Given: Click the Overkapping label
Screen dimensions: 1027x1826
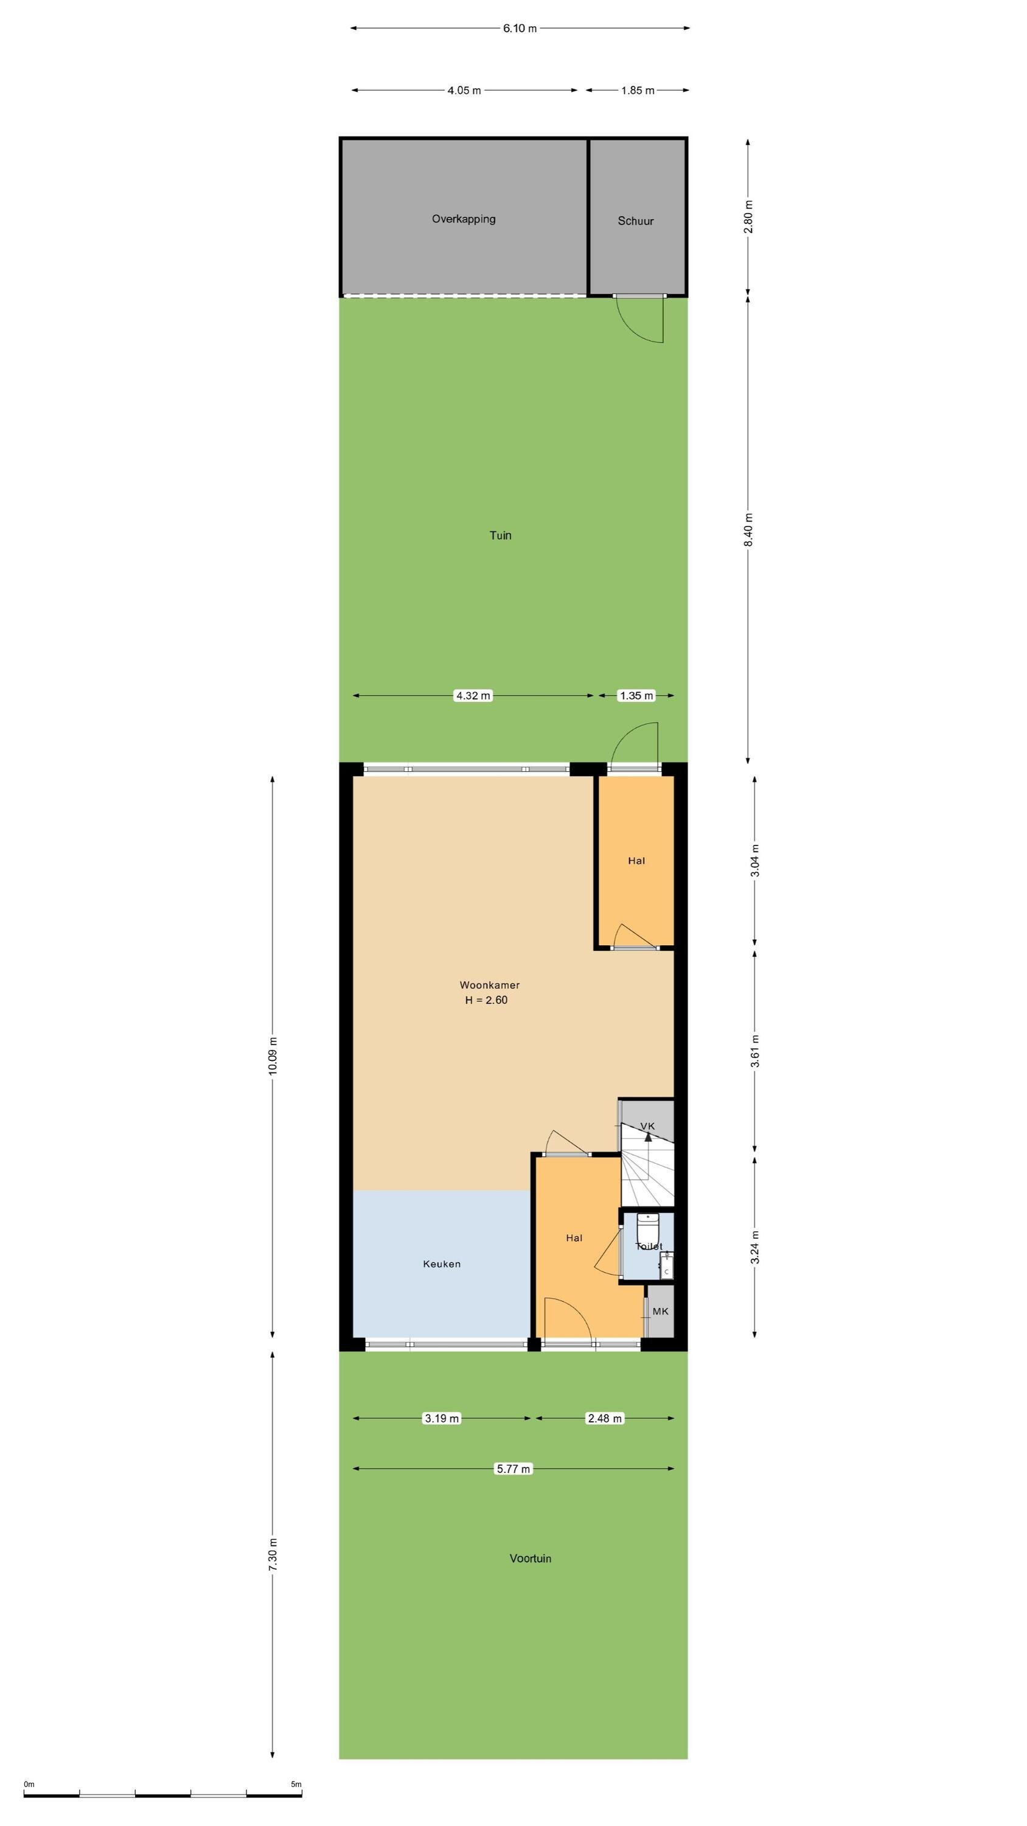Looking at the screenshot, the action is [464, 219].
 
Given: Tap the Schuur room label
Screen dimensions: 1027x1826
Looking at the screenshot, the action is [636, 221].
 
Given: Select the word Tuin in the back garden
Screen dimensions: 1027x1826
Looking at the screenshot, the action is [500, 535].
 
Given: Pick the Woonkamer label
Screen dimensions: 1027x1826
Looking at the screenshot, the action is [490, 985].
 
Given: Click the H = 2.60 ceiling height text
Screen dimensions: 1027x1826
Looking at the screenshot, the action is [486, 1000].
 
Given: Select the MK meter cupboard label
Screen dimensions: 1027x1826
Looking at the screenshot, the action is [661, 1312].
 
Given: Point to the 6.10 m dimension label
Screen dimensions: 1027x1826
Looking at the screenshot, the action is [520, 29].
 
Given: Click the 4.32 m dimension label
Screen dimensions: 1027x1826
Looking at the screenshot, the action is [473, 695].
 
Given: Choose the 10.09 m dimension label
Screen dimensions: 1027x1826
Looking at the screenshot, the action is [273, 1055].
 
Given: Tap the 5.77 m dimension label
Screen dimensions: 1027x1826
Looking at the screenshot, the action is [513, 1469].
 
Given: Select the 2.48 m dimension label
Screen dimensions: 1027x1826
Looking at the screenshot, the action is [605, 1418].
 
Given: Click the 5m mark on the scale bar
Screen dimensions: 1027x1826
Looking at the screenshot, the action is [296, 1784].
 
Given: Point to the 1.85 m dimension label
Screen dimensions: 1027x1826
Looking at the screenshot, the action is [638, 90].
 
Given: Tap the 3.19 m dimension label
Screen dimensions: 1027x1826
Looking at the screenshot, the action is [442, 1418].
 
